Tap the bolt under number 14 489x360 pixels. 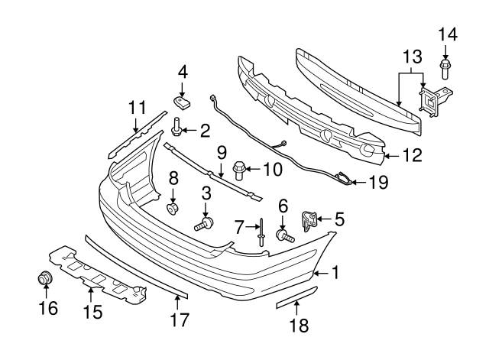445,70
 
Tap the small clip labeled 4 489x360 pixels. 183,102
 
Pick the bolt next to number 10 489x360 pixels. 238,167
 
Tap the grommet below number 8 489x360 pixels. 173,208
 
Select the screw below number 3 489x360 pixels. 205,224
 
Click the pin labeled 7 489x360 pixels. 261,230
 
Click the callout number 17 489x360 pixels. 179,321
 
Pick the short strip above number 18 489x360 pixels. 295,298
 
